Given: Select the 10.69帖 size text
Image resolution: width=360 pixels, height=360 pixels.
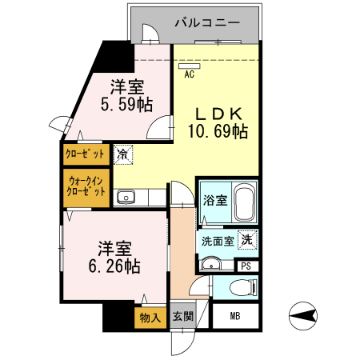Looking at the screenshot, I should click(x=218, y=132).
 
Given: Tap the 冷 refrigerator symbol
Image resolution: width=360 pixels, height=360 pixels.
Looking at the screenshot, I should click(x=123, y=152).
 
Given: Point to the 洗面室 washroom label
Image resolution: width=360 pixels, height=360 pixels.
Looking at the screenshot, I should click(x=217, y=240).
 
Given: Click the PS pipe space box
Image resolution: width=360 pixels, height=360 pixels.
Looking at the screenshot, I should click(x=246, y=266).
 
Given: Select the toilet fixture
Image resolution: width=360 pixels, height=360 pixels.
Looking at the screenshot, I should click(x=241, y=288).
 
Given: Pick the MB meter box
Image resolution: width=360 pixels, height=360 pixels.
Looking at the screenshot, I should click(x=235, y=316).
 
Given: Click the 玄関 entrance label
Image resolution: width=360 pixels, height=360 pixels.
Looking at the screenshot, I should click(x=182, y=316).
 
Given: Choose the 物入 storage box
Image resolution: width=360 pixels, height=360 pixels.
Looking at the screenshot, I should click(x=150, y=318).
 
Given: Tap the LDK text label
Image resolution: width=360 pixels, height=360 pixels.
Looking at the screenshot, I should click(x=216, y=113).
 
